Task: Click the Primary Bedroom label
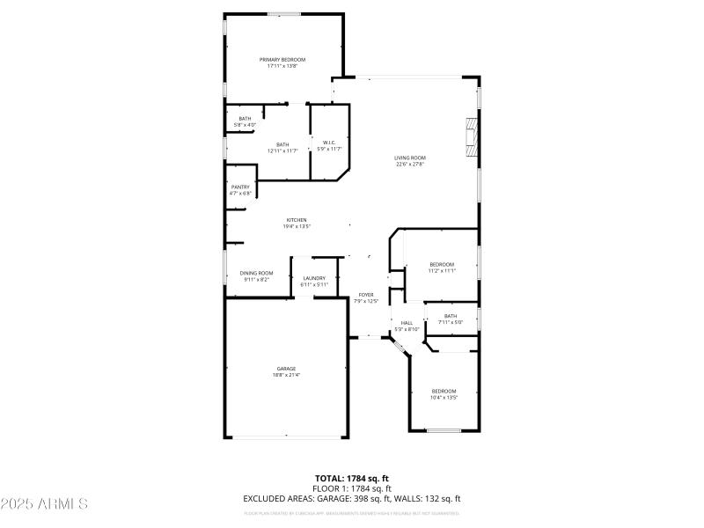coord(282,59)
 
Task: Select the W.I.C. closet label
coord(328,143)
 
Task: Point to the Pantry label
coord(240,187)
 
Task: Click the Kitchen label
coord(297,220)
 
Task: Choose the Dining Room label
coord(256,273)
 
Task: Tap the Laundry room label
coord(314,278)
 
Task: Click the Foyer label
coord(366,295)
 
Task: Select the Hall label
coord(407,323)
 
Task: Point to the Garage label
coord(286,369)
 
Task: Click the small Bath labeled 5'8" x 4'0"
coord(245,119)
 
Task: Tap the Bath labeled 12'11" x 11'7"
coord(282,145)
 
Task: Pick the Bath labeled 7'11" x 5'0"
coord(451,316)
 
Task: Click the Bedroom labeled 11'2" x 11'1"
coord(442,265)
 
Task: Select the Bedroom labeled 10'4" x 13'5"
coord(444,391)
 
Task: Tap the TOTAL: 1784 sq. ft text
coord(351,479)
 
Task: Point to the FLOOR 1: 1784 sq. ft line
coord(351,488)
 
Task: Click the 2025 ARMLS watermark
coord(44,504)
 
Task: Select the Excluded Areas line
coord(351,499)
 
